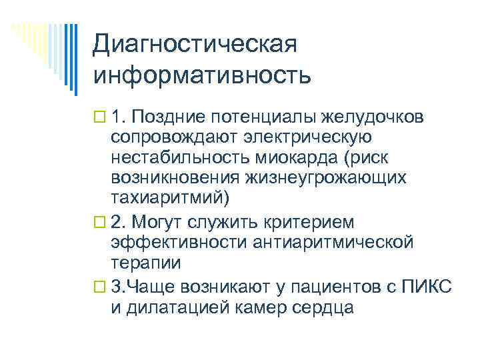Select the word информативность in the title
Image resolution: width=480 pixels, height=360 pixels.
pyautogui.click(x=202, y=75)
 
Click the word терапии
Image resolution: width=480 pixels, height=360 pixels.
pyautogui.click(x=145, y=263)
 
